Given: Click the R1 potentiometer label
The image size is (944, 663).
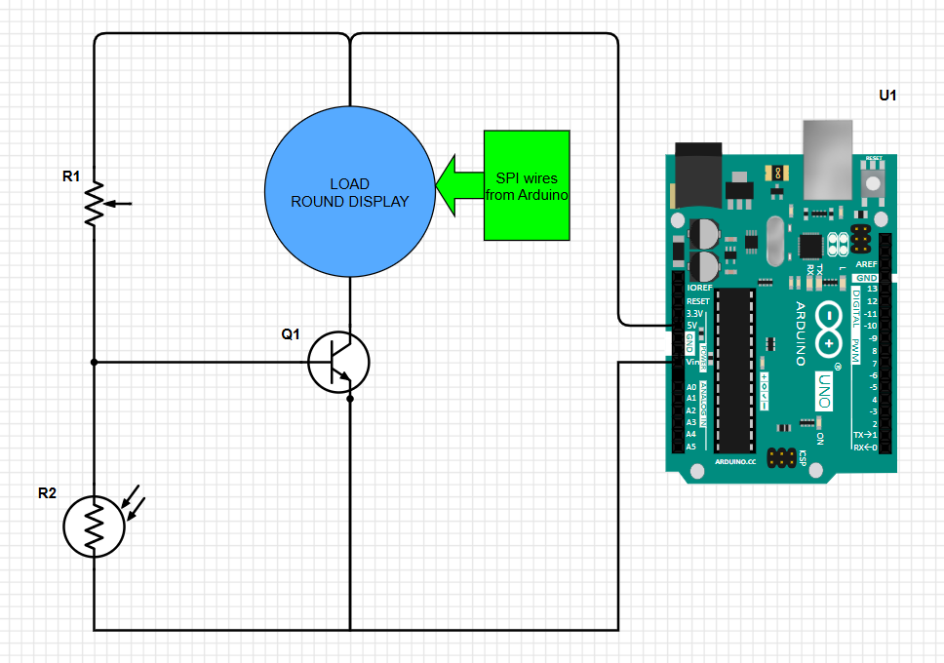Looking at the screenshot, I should click(x=71, y=176).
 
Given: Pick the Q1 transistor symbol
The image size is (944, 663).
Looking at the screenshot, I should click(x=338, y=362).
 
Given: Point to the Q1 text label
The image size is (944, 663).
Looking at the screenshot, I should click(x=291, y=334).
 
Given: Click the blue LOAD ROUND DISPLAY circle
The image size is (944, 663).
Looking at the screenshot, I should click(x=349, y=192).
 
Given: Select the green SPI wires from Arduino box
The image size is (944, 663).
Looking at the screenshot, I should click(x=527, y=185).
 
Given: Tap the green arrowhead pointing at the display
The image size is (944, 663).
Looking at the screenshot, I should click(x=454, y=185).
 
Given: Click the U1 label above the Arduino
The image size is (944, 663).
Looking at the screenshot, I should click(x=887, y=96).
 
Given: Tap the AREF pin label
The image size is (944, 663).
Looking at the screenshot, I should click(x=865, y=264).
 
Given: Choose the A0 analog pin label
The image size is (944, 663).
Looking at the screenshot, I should click(x=690, y=387).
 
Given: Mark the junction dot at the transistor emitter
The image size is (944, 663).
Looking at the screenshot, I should click(x=350, y=398).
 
